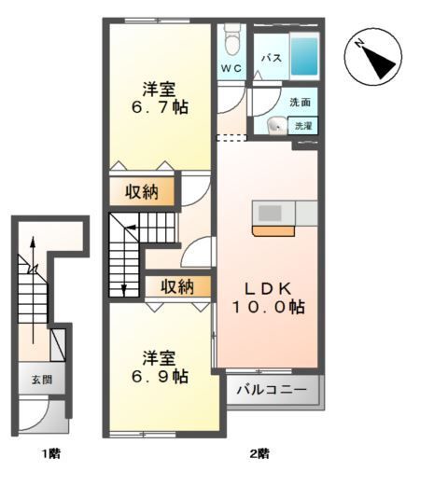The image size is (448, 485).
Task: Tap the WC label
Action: (x=231, y=69)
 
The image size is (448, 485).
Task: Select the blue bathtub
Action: (x=303, y=56)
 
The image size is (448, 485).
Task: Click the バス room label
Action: (x=271, y=59)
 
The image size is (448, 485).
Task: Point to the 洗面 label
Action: (x=300, y=103)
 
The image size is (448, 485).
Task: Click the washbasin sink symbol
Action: (x=276, y=126)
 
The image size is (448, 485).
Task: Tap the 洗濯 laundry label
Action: (x=303, y=125)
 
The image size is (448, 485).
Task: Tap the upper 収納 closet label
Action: (x=143, y=192)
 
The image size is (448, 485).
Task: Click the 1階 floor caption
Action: (x=51, y=454)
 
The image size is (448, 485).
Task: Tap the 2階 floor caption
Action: (x=259, y=454)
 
